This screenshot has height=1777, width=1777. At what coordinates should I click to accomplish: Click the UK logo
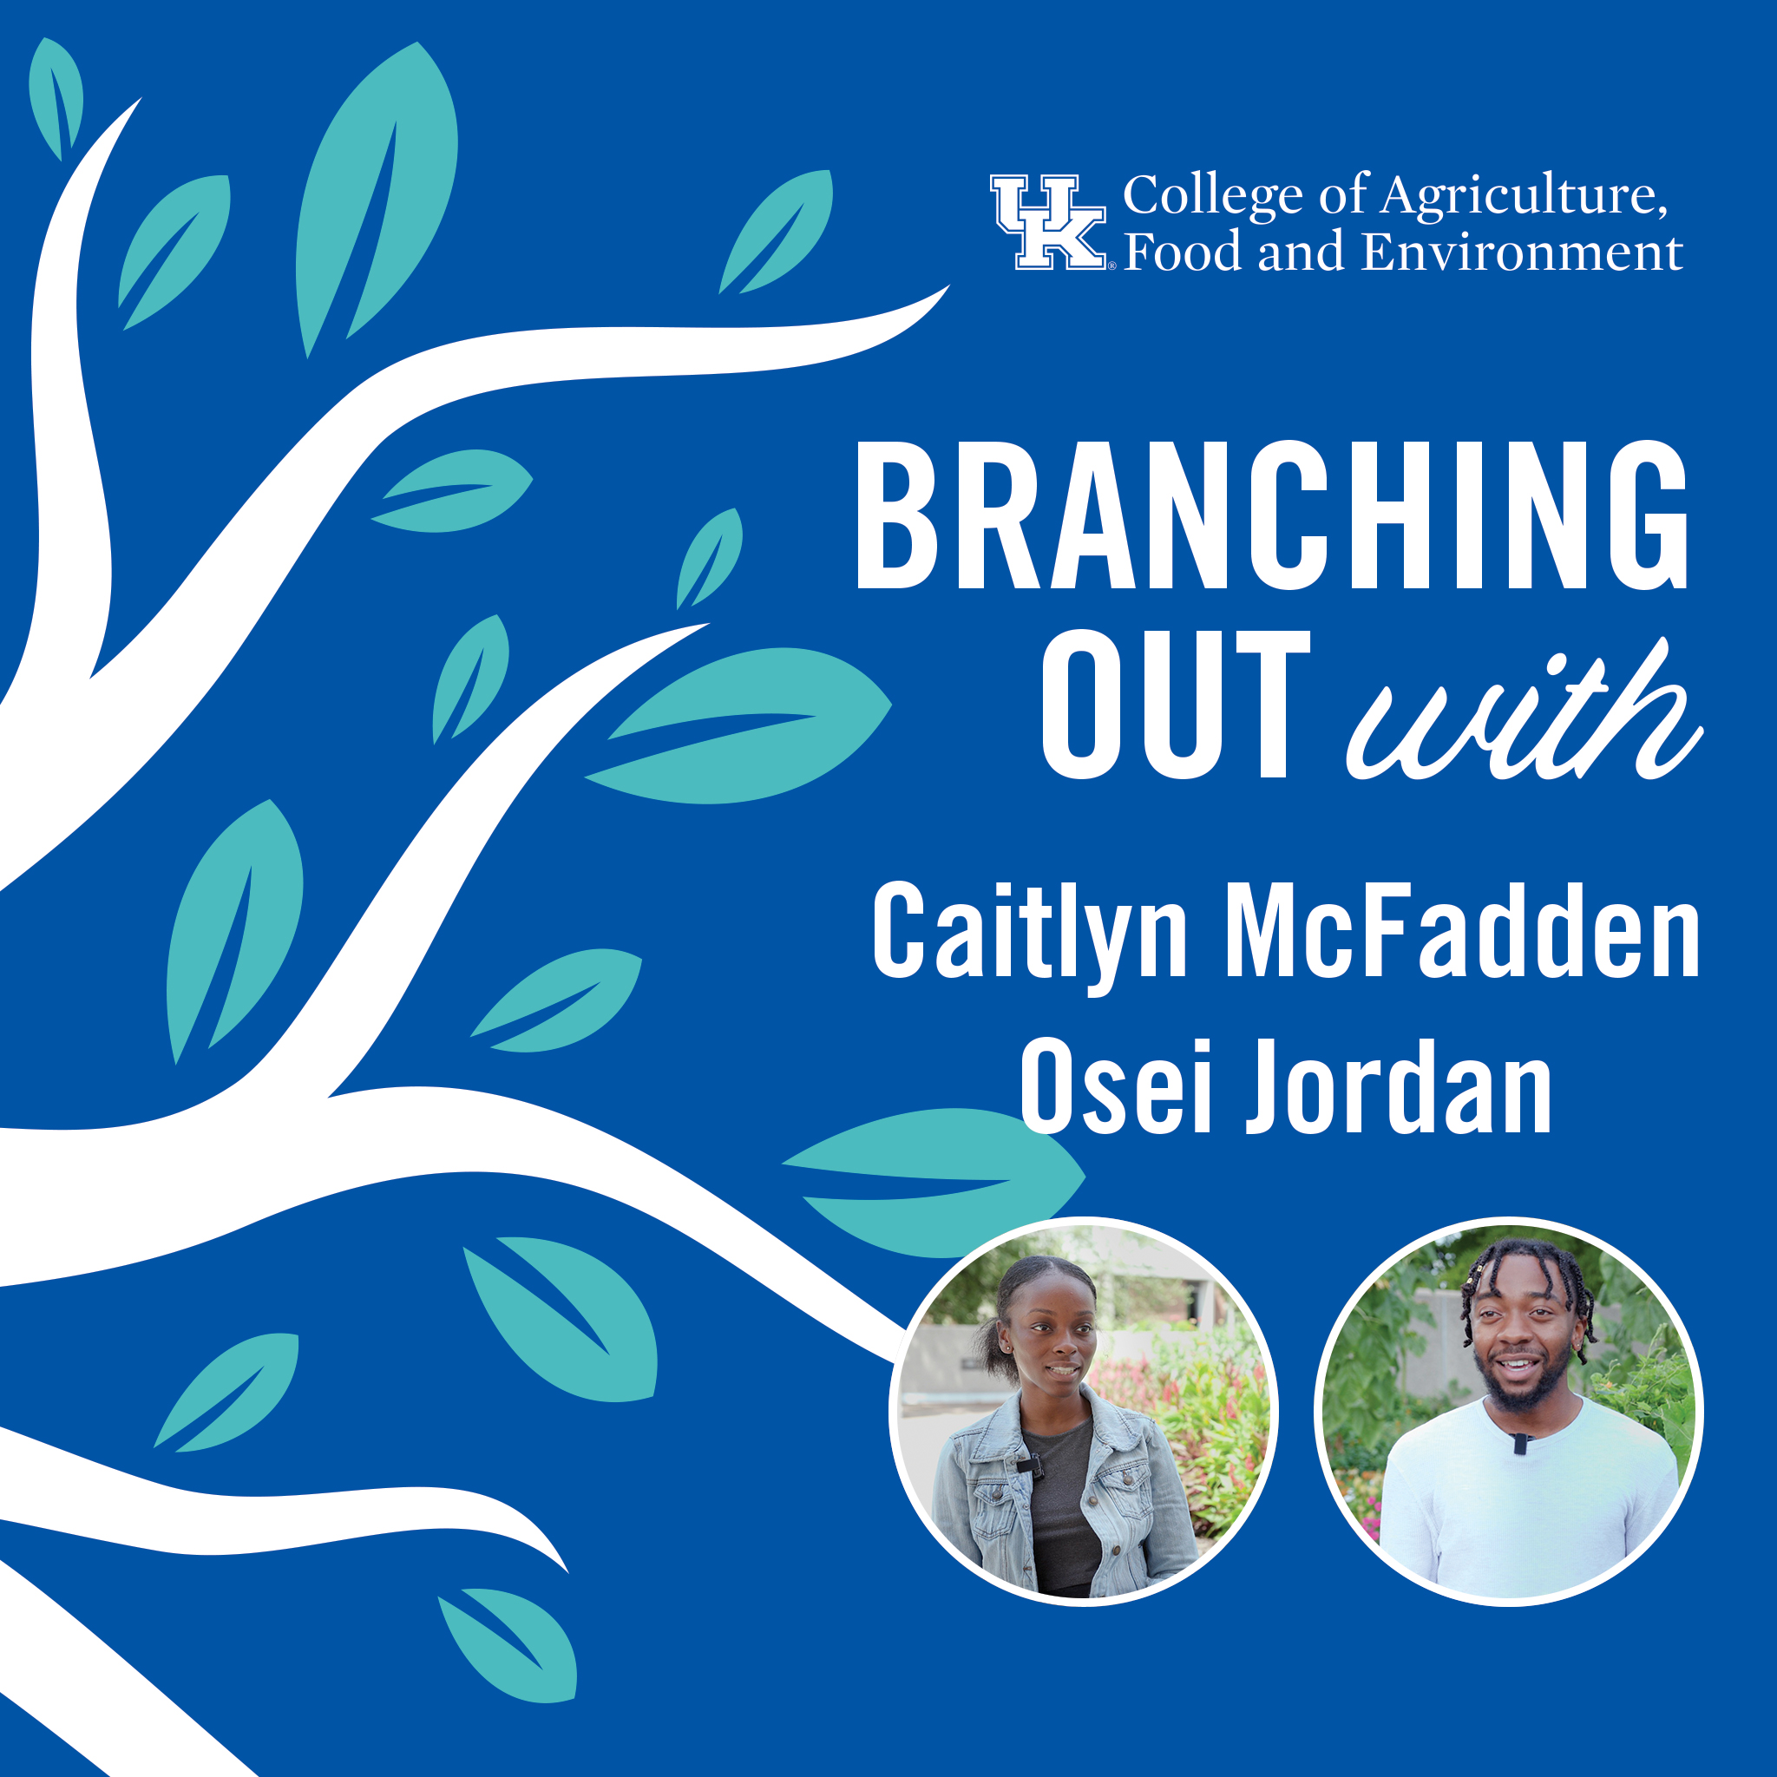[1048, 223]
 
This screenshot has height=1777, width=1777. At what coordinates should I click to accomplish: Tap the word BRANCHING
[1272, 516]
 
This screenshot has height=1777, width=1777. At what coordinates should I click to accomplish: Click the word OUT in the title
[1176, 705]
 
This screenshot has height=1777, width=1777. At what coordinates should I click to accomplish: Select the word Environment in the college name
[1522, 252]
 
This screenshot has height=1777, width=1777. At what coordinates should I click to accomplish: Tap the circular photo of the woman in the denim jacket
[1084, 1412]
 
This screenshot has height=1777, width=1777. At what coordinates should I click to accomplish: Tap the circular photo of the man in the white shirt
[1508, 1412]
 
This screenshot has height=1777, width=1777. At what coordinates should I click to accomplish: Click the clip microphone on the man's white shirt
[1519, 1443]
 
